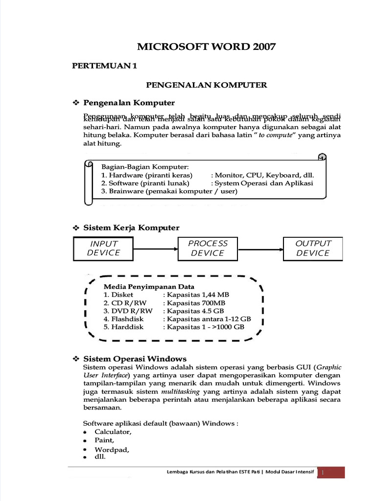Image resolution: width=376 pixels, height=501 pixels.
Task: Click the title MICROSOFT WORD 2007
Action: tap(206, 47)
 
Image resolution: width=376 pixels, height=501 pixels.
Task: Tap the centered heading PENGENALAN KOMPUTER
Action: tap(207, 85)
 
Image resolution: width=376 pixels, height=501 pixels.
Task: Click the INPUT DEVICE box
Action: tap(103, 248)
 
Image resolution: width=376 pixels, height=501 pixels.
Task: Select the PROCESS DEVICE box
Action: tap(208, 248)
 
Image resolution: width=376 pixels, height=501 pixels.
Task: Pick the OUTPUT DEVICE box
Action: tap(313, 248)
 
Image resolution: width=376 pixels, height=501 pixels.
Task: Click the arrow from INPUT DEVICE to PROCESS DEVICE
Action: tap(155, 249)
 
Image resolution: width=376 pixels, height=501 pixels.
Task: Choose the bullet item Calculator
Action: tap(113, 433)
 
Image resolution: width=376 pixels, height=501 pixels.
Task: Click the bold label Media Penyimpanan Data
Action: tap(149, 287)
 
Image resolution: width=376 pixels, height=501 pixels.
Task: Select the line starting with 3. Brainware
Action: tap(169, 191)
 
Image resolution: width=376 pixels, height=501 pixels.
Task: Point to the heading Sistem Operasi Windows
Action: tap(135, 359)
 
